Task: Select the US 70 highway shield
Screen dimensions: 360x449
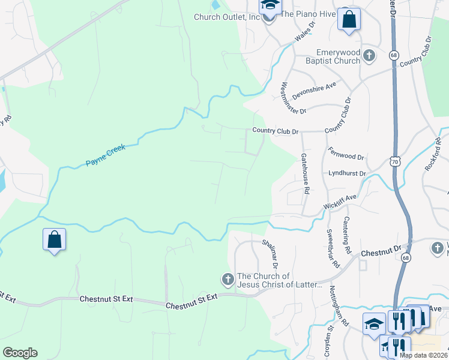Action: tap(394, 161)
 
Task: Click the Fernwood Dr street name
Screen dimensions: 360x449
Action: tap(347, 153)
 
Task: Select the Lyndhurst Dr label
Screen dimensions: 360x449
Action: tap(347, 173)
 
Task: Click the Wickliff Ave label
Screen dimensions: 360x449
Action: tap(340, 200)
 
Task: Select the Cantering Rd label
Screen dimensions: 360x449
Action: tap(346, 235)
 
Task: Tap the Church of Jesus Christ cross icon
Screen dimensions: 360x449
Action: tap(228, 279)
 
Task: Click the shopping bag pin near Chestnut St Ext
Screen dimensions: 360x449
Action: tap(54, 239)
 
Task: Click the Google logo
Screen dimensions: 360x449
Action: tap(20, 353)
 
